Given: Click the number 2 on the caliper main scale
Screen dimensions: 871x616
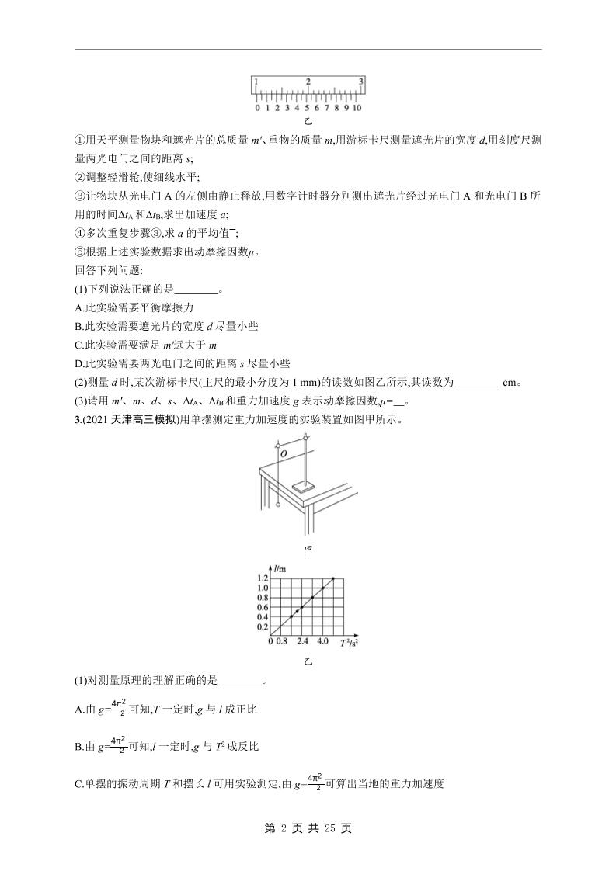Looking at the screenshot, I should tap(308, 81).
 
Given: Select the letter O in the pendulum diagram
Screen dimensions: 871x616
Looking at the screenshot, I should tap(284, 453).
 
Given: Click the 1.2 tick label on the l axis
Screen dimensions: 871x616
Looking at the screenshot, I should tap(263, 578).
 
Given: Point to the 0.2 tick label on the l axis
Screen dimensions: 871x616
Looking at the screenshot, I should tap(263, 627).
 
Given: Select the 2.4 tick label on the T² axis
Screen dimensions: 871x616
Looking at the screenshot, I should tap(303, 642).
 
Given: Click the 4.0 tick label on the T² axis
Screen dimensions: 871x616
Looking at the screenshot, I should tap(322, 642).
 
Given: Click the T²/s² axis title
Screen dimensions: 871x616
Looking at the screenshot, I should tap(350, 642).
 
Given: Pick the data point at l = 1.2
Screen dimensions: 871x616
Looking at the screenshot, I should tap(333, 578).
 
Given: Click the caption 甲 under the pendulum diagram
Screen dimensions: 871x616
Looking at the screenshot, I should tap(308, 550).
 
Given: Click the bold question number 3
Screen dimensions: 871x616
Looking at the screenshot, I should tap(77, 420).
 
